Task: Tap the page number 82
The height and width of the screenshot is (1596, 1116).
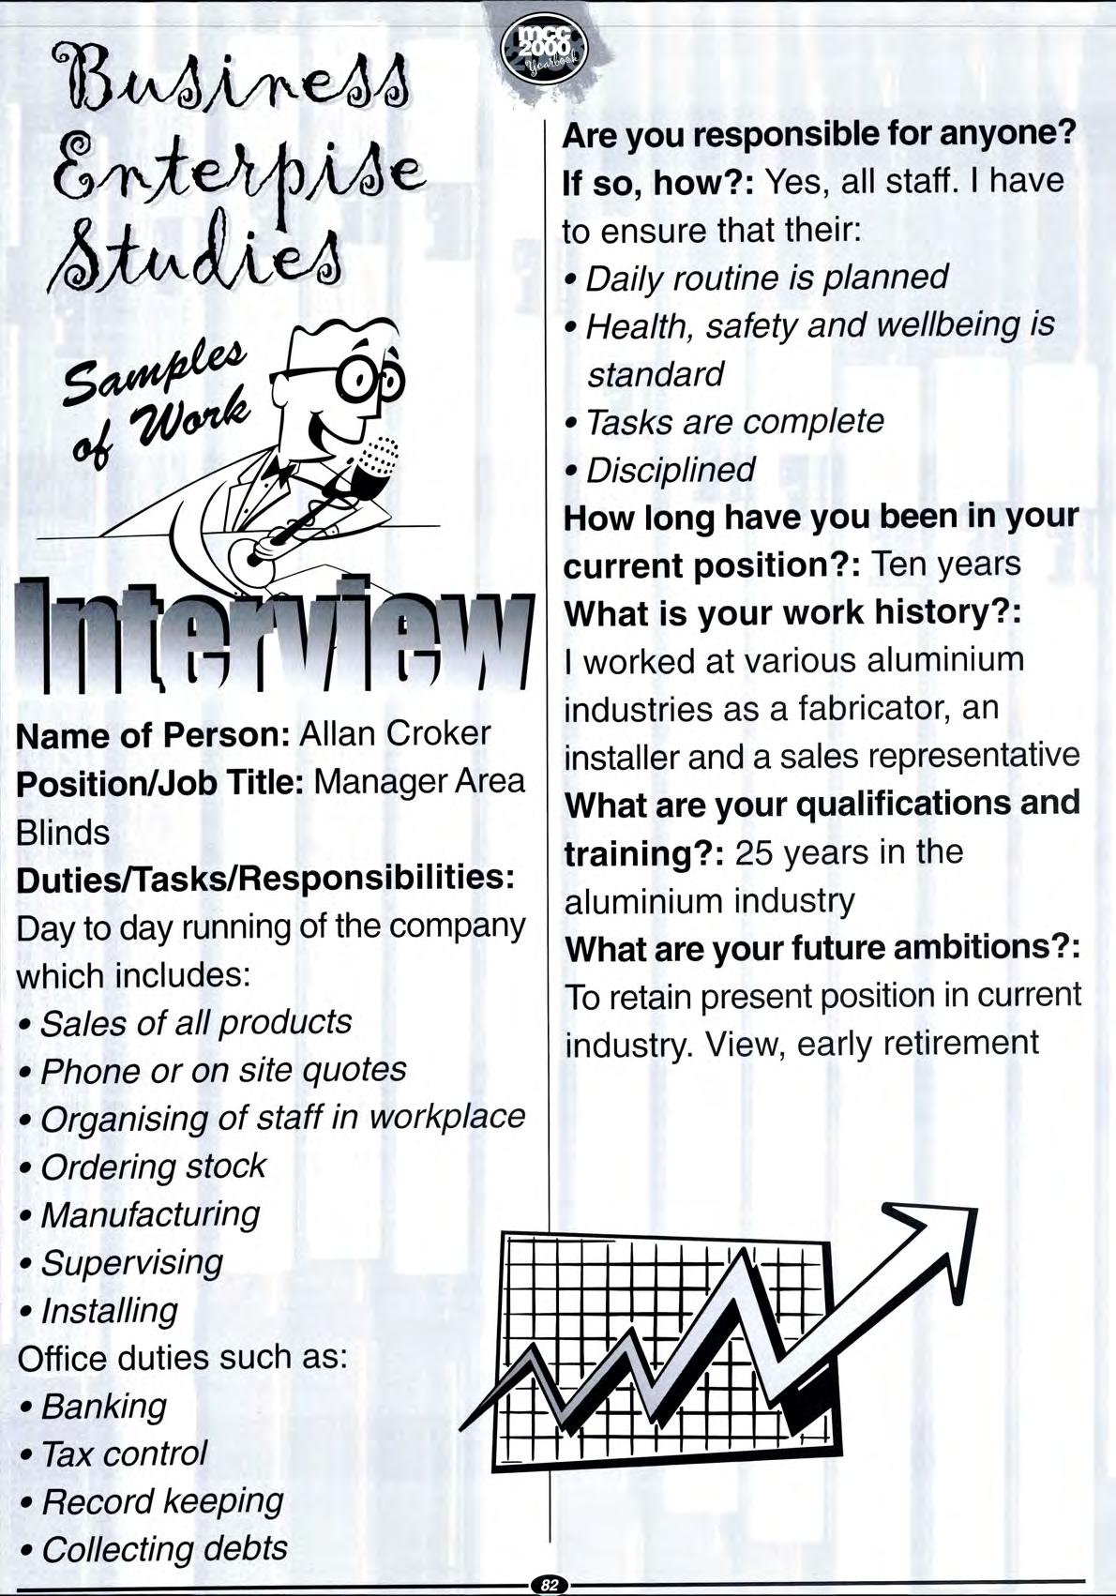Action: point(549,1585)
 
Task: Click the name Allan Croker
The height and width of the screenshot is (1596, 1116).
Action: point(394,733)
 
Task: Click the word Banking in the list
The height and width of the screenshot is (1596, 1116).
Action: point(103,1407)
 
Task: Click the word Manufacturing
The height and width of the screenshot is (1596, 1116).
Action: point(150,1214)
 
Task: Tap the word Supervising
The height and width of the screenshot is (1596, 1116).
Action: point(132,1262)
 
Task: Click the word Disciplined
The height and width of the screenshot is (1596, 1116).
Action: point(670,470)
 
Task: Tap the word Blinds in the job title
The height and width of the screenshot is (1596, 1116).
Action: point(63,832)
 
